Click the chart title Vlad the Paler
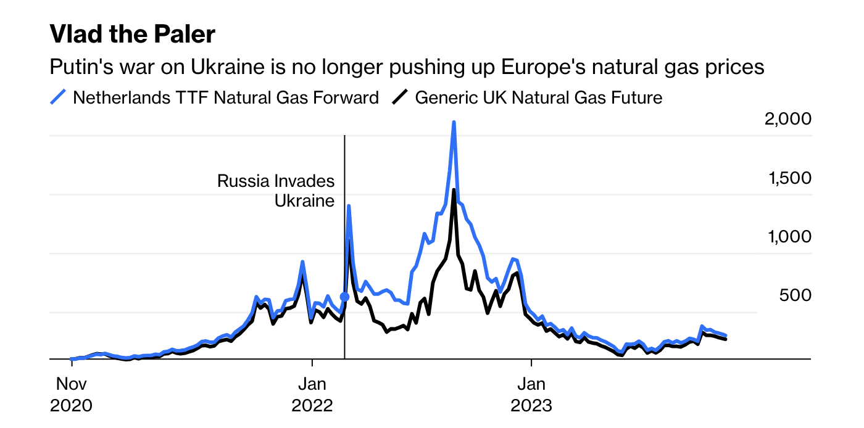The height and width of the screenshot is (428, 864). coord(132,35)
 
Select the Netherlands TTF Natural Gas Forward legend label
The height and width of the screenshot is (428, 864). coord(226,97)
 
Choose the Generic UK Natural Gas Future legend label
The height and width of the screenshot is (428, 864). coord(538,97)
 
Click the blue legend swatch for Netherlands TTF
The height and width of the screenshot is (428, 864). coord(58,97)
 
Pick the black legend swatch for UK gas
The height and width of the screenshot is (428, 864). coord(401,97)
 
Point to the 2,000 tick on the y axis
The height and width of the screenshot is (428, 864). coord(787,119)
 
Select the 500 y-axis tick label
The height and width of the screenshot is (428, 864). coord(795,295)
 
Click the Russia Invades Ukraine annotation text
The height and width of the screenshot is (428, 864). coord(276,191)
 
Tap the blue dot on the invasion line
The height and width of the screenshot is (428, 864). coord(344,297)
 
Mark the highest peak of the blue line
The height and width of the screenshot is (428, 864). coord(454,123)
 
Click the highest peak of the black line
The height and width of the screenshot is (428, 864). coord(454,191)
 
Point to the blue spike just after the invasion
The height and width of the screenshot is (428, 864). coord(349,207)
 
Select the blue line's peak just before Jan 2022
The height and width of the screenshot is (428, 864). coord(302,262)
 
